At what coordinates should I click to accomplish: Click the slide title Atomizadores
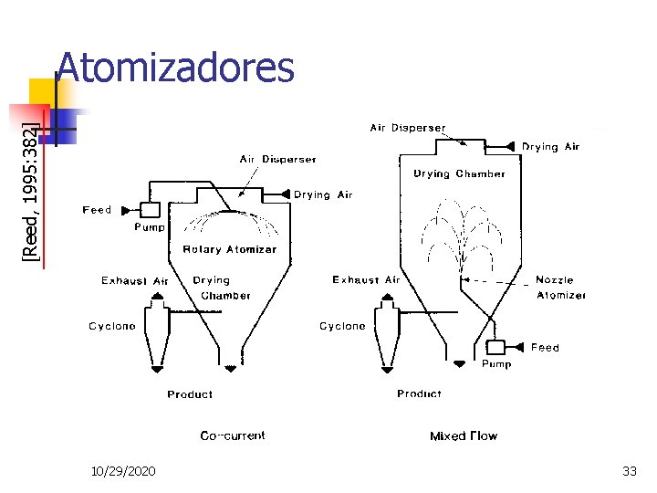point(175,68)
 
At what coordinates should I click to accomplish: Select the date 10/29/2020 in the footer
point(123,471)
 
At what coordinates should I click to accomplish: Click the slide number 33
point(629,471)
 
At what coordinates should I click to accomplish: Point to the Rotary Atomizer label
point(229,249)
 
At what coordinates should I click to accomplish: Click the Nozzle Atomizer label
point(560,288)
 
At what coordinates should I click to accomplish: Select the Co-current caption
point(233,435)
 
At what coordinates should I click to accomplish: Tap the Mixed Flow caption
point(464,435)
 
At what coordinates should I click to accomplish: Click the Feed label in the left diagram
point(97,210)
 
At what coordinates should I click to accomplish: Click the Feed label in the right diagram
point(545,347)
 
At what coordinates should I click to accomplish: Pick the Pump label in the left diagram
point(150,227)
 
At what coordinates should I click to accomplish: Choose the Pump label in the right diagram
point(496,363)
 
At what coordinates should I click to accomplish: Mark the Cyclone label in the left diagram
point(112,326)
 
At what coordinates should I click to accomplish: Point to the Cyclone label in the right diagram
point(342,326)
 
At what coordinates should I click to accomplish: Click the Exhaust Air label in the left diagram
point(135,280)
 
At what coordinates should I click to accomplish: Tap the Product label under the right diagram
point(419,393)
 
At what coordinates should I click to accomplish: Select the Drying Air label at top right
point(550,146)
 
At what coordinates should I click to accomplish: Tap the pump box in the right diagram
point(495,347)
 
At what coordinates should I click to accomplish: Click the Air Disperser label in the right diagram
point(408,128)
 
